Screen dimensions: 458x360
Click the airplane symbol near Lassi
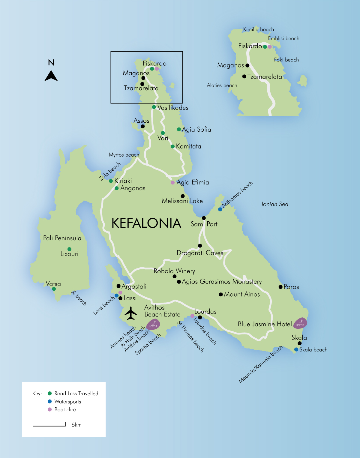130,313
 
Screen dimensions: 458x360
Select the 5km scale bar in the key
49,424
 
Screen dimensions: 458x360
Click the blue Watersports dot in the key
50,401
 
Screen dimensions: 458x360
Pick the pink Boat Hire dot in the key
50,409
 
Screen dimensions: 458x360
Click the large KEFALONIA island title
146,223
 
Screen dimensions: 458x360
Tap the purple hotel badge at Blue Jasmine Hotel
300,323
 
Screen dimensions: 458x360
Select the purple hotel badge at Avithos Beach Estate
153,324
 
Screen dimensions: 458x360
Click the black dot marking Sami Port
204,218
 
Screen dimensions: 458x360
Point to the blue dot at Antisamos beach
220,209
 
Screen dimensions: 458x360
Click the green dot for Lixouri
69,249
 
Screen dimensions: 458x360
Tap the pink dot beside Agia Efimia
172,182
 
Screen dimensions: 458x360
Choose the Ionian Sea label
275,204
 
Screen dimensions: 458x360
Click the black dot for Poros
280,287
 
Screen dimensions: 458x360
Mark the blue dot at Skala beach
296,349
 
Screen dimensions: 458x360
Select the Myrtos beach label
124,155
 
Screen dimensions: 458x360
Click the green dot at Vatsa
54,289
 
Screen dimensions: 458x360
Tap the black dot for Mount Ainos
221,295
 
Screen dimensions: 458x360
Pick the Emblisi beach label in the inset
283,38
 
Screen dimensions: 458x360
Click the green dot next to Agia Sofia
179,129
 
